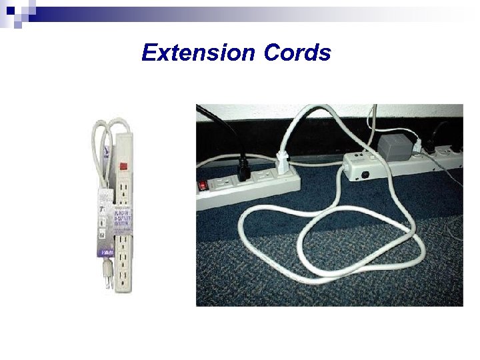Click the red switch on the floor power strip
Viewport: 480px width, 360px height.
coord(201,185)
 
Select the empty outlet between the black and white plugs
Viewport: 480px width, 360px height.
coord(264,175)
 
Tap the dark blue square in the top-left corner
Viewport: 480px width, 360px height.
coord(10,9)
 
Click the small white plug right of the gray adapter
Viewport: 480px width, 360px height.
coord(416,144)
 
